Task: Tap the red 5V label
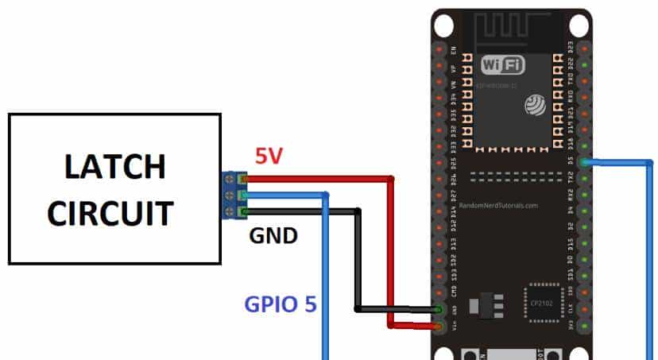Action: (x=269, y=156)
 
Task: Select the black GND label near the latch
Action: (x=273, y=236)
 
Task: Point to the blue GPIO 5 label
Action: (x=279, y=303)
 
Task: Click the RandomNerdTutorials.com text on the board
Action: (x=498, y=205)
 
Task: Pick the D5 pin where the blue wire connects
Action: (x=585, y=161)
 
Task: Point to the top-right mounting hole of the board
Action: (x=579, y=25)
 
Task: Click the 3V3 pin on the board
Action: (x=585, y=326)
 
